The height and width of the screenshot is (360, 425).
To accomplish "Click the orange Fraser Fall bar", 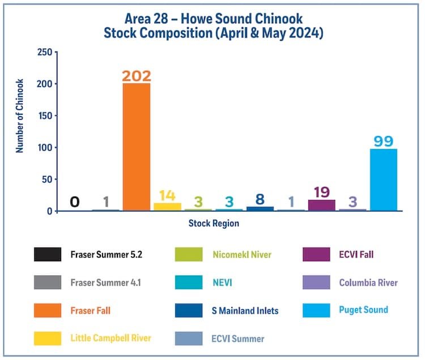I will pyautogui.click(x=137, y=147).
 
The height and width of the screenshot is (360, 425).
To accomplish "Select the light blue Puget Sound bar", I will pyautogui.click(x=384, y=180).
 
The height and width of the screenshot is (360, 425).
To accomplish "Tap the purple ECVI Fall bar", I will pyautogui.click(x=322, y=205).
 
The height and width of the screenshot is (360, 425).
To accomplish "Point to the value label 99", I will pyautogui.click(x=384, y=141).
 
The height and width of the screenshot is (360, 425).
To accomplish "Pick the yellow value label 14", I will pyautogui.click(x=167, y=195).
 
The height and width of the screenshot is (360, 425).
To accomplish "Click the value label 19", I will pyautogui.click(x=322, y=192).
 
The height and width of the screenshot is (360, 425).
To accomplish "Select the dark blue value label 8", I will pyautogui.click(x=260, y=199).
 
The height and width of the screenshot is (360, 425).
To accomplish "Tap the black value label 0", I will pyautogui.click(x=75, y=202).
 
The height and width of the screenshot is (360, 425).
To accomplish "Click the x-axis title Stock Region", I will pyautogui.click(x=214, y=224).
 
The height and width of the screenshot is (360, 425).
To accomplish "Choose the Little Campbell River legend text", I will pyautogui.click(x=111, y=338).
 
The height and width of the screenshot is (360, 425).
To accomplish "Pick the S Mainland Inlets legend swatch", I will pyautogui.click(x=190, y=310).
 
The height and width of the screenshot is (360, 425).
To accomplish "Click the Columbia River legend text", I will pyautogui.click(x=368, y=282).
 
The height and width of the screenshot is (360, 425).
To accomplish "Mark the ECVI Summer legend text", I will pyautogui.click(x=239, y=338).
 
